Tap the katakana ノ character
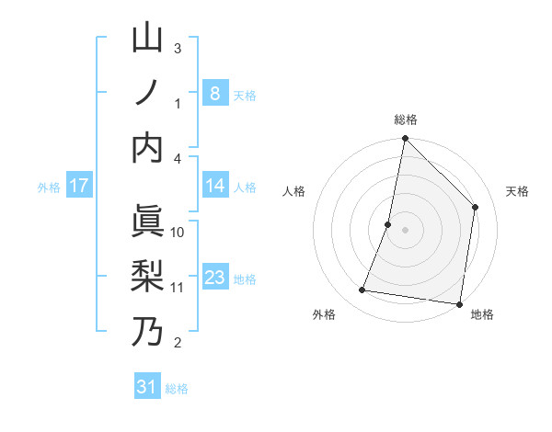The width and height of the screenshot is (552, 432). (147, 93)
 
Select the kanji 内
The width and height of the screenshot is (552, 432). (147, 148)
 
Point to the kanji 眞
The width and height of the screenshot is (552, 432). (147, 222)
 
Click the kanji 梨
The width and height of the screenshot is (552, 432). (147, 277)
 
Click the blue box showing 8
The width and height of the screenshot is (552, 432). (214, 93)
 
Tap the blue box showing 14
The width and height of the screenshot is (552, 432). (214, 186)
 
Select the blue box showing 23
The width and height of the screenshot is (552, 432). (214, 278)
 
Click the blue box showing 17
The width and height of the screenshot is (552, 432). (79, 186)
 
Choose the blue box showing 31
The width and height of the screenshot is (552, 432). (147, 387)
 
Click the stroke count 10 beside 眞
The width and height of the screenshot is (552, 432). (178, 233)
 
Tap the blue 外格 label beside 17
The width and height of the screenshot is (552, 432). (49, 188)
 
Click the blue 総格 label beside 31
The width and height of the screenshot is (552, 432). (177, 389)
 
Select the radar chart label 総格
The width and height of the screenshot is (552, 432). (406, 120)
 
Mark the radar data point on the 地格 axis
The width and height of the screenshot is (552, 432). (459, 303)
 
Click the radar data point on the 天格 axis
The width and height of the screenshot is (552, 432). (476, 207)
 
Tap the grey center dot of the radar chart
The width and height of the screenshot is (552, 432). (405, 230)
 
